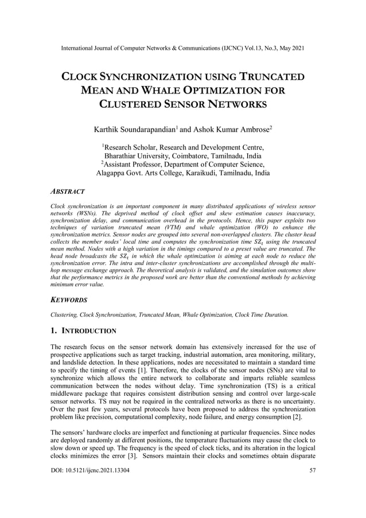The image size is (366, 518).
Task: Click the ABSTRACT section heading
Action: point(67,191)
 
